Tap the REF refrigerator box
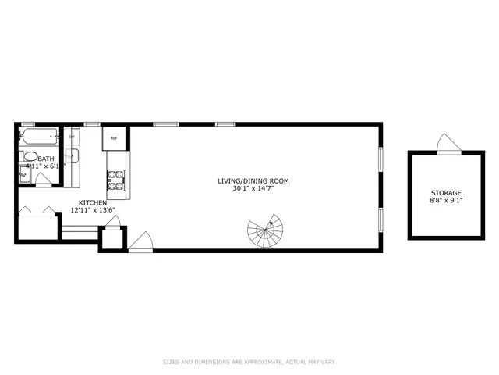coord(114,138)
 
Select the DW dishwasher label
coord(71,137)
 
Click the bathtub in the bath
coord(37,137)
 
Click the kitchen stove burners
coord(115,181)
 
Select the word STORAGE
coord(446,193)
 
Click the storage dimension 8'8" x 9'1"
coord(446,201)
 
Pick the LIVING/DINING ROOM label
coord(253,181)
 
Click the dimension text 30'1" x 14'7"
coord(253,189)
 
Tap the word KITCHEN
coord(92,202)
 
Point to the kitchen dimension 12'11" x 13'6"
coord(92,210)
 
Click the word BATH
coord(35,159)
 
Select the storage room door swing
coord(449,144)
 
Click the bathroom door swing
coord(44,179)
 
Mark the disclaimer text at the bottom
coord(249,362)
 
